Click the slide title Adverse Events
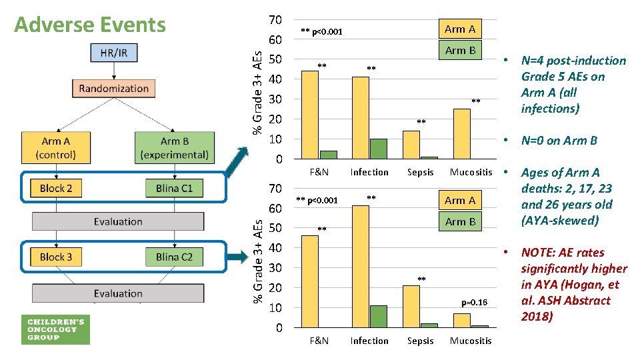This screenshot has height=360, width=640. [x=90, y=25]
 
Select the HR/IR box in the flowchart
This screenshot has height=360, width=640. [x=113, y=52]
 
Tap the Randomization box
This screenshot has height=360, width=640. [x=113, y=88]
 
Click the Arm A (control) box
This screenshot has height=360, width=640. [x=56, y=148]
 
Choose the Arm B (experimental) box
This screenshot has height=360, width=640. [x=174, y=148]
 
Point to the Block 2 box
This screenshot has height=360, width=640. [x=56, y=188]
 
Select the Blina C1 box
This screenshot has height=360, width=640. [x=174, y=188]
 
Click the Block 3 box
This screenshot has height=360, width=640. [x=56, y=257]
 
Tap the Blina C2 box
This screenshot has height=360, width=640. [x=174, y=257]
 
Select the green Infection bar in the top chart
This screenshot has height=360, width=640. [x=378, y=149]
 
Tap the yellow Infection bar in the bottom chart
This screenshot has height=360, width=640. [x=361, y=266]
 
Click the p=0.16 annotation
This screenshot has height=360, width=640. [x=474, y=303]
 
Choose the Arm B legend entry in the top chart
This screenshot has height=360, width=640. [x=460, y=50]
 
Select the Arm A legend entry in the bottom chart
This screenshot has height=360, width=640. [x=460, y=200]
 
